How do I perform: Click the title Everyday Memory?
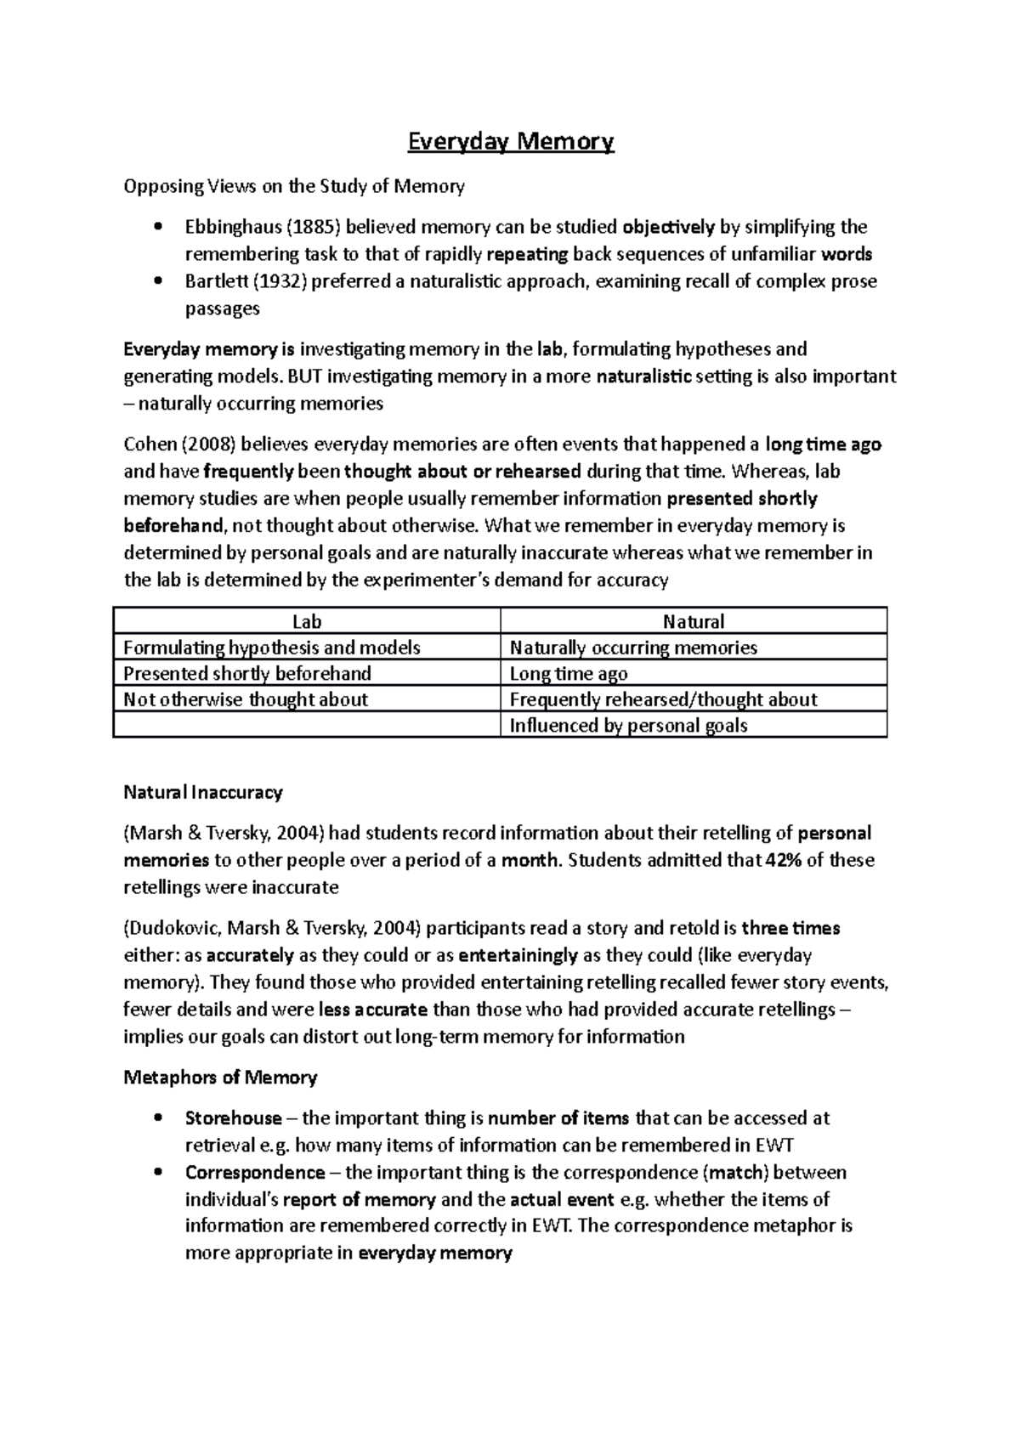click(510, 141)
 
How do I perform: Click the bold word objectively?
click(669, 227)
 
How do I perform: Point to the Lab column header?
click(307, 621)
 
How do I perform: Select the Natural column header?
click(694, 621)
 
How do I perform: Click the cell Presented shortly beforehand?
click(247, 674)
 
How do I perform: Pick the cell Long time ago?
click(569, 674)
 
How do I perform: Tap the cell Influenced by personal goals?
click(628, 726)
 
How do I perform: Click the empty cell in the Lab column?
click(307, 726)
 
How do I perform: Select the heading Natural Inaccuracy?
click(202, 793)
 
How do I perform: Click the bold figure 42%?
click(783, 860)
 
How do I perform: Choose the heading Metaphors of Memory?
click(220, 1078)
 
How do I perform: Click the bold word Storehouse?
click(233, 1118)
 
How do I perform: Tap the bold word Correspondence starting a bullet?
click(255, 1173)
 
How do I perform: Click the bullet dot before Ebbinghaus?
click(158, 227)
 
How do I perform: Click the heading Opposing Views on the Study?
click(294, 186)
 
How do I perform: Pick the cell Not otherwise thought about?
click(246, 699)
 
